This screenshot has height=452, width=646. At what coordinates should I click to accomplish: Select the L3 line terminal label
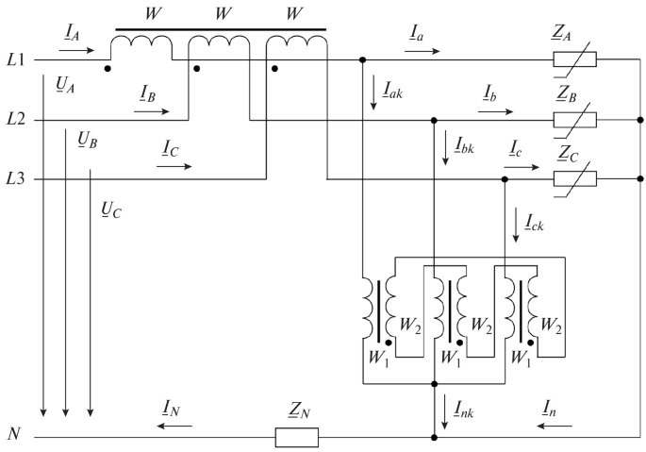coord(16,179)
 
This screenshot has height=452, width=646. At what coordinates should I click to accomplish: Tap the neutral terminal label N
coord(13,435)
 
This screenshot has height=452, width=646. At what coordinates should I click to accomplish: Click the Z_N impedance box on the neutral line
coord(296,438)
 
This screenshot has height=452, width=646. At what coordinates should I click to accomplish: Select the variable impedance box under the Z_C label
coord(574,178)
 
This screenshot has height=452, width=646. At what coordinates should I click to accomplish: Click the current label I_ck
coord(533,224)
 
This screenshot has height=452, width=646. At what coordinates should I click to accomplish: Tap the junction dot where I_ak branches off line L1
coord(363,60)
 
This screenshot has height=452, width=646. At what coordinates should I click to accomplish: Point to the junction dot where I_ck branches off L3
coord(505,179)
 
